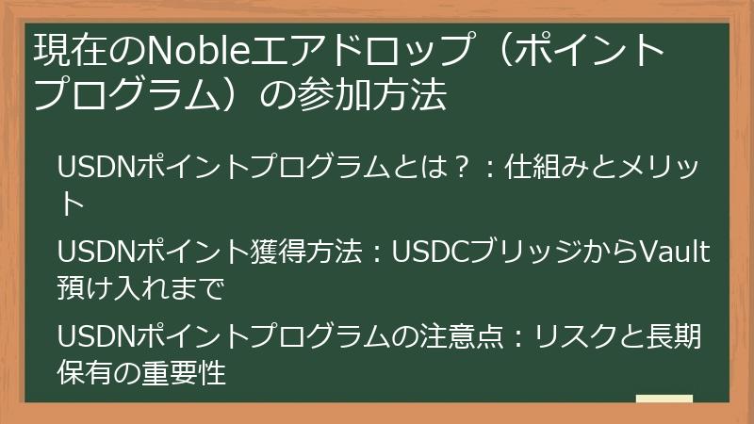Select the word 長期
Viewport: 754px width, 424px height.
click(674, 337)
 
